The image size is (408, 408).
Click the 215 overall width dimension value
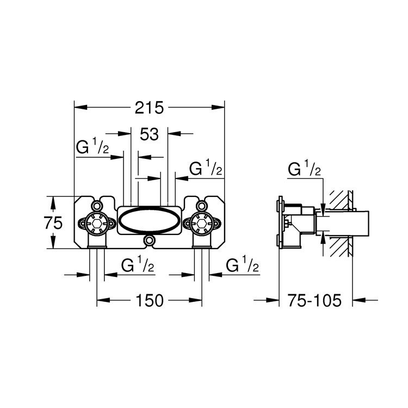[149, 108]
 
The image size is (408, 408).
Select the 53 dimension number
[149, 134]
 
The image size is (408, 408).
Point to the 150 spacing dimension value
[149, 301]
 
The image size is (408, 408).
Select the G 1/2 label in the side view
[305, 170]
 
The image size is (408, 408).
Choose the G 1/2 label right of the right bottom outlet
[242, 266]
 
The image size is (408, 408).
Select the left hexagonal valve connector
[96, 222]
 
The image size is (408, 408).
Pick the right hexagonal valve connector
[202, 222]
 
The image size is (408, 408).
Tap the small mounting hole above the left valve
[96, 206]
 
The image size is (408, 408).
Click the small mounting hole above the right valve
[202, 206]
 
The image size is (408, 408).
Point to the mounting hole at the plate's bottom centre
[149, 240]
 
